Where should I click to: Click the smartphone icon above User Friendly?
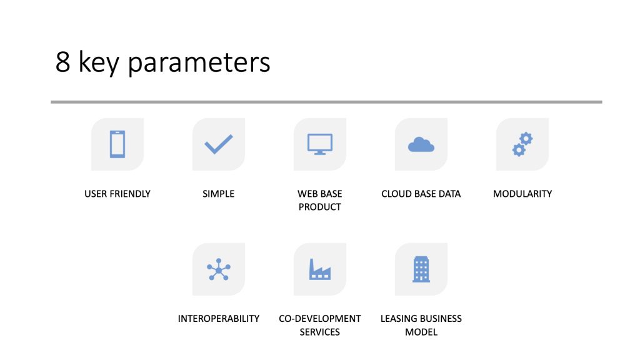pos(117,144)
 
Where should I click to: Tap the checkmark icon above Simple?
pos(219,144)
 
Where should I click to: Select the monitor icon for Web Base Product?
pos(320,144)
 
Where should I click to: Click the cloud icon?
pos(421,145)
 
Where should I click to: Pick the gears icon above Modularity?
pos(522,144)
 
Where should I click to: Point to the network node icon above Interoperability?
pos(219,269)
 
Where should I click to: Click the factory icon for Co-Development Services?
pos(320,269)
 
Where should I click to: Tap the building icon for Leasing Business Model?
pos(421,269)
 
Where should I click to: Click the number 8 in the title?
pos(62,63)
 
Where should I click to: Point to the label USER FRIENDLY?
pos(117,194)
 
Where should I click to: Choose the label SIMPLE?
pos(219,194)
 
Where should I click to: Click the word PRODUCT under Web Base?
pos(320,207)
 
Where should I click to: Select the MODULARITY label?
pos(522,194)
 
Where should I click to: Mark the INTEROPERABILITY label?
pos(219,319)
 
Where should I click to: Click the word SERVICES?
pos(320,332)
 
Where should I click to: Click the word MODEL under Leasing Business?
pos(421,332)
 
